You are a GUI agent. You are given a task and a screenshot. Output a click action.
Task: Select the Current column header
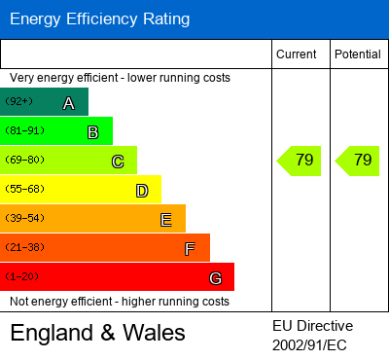click(x=297, y=54)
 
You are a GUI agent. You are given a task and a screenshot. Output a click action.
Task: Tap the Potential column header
click(x=358, y=54)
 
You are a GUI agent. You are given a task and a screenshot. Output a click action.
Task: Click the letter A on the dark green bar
click(x=68, y=103)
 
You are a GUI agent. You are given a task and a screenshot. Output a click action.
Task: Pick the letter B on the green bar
click(x=92, y=132)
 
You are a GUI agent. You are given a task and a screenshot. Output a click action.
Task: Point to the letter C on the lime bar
click(x=117, y=162)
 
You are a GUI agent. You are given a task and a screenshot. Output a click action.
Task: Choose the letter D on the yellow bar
click(x=141, y=191)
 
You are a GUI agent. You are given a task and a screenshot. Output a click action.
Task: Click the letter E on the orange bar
click(x=165, y=220)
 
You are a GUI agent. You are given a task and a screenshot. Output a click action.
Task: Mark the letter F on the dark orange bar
click(x=190, y=249)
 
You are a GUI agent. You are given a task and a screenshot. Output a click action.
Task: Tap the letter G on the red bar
click(x=215, y=278)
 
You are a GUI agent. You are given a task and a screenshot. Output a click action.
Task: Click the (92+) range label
click(x=18, y=101)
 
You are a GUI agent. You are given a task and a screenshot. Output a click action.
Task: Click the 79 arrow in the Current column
click(x=301, y=161)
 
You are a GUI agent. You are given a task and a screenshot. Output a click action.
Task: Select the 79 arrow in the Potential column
click(x=359, y=161)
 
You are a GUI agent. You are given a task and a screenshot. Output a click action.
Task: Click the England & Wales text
click(x=97, y=334)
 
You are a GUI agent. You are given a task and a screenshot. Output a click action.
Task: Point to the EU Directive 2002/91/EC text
click(x=313, y=335)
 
